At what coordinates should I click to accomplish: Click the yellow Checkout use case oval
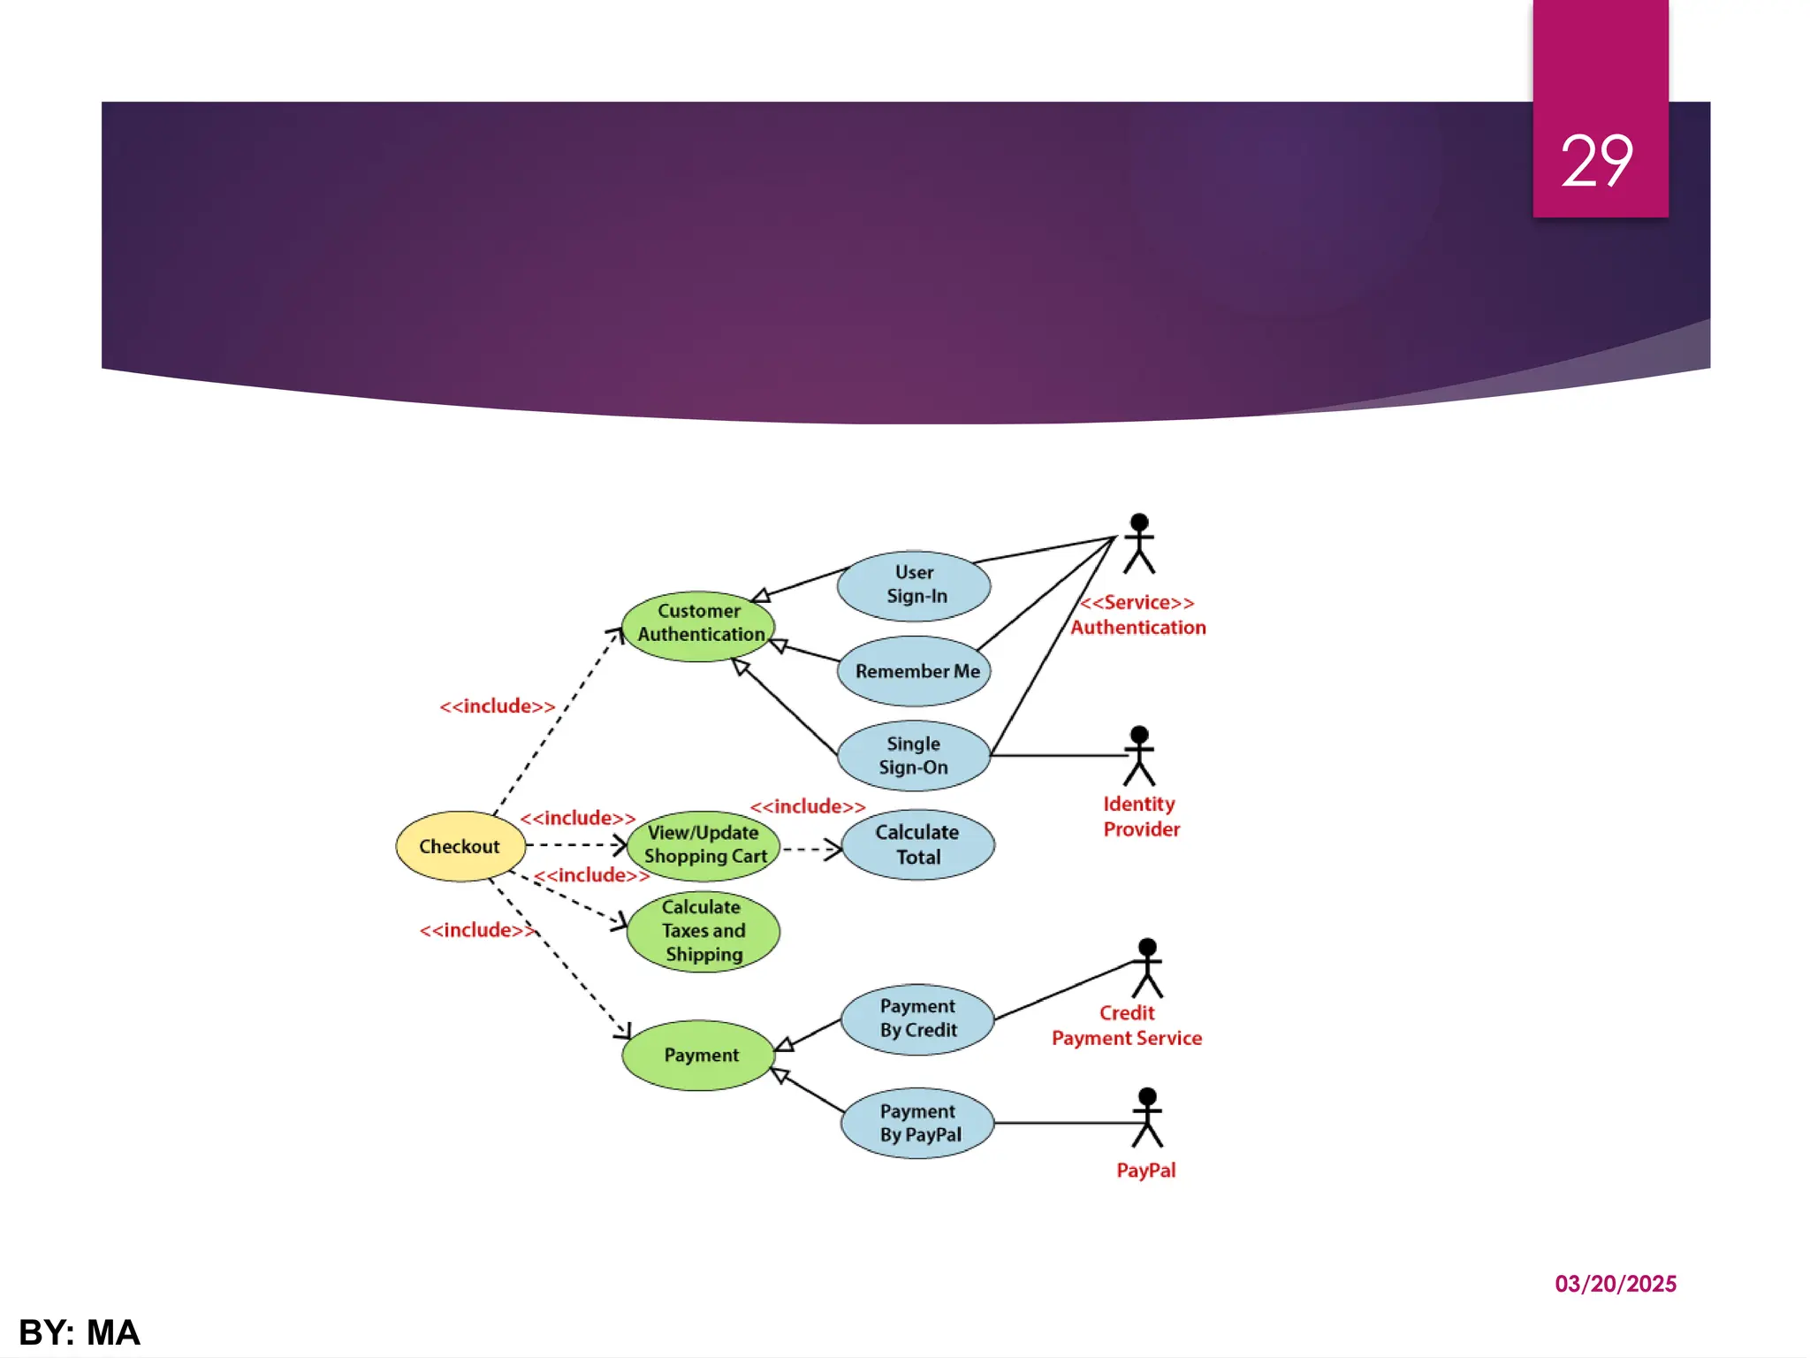click(460, 846)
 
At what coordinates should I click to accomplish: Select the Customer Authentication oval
click(699, 625)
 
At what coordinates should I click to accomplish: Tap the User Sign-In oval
click(915, 585)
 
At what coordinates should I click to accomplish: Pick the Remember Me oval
click(915, 671)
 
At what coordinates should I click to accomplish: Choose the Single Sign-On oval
click(914, 756)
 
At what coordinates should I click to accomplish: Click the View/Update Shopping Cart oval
click(703, 845)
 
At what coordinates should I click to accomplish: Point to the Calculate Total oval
click(918, 844)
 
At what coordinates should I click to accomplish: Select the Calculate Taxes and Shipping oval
click(703, 931)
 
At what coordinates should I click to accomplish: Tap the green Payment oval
click(699, 1056)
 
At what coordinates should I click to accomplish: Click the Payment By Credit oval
click(918, 1018)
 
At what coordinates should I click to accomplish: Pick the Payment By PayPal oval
click(918, 1123)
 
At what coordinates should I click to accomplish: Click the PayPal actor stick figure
click(1147, 1118)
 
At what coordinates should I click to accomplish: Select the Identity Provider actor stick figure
click(1139, 756)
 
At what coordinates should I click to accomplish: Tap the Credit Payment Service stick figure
click(1147, 968)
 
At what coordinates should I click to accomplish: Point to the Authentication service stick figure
click(1139, 543)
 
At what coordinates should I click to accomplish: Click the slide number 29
click(1597, 161)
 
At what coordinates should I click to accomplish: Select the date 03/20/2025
click(1616, 1284)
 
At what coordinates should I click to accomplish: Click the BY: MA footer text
click(80, 1332)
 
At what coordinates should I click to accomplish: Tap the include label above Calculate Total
click(808, 806)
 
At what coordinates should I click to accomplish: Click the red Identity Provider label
click(1141, 817)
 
